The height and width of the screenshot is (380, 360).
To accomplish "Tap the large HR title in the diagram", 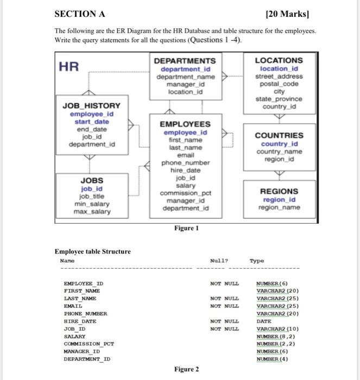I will pos(69,66).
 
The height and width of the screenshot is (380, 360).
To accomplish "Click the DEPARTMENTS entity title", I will pos(185,61).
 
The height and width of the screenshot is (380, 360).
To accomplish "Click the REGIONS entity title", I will pos(279,191).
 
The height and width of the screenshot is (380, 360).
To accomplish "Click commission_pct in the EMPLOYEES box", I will pos(185,193).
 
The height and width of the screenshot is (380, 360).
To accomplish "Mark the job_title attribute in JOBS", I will pos(92,196).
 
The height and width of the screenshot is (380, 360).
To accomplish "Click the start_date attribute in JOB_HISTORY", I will pos(92,122).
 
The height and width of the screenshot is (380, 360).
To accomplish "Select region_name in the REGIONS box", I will pos(279,207).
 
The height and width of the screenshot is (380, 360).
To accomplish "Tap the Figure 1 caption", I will pos(186,229).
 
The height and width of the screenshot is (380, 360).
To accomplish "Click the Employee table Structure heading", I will pos(93,251).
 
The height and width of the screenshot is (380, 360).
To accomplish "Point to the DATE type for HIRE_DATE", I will pos(264,321).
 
